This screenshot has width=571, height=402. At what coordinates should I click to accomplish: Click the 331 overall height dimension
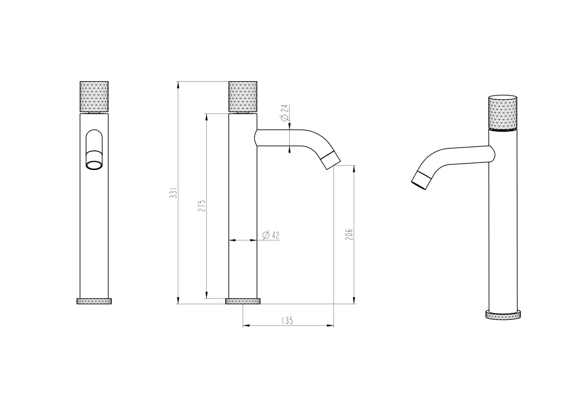tap(175, 193)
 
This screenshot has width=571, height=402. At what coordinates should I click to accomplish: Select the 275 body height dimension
tap(202, 206)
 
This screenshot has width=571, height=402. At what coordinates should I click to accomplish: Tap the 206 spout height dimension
tap(349, 235)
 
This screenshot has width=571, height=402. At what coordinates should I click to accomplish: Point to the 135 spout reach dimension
tap(287, 321)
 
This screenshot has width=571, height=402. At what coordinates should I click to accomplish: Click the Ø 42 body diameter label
tap(271, 235)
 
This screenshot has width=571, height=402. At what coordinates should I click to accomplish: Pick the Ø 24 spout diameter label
tap(285, 113)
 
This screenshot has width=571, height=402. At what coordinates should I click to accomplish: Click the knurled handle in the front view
tap(94, 97)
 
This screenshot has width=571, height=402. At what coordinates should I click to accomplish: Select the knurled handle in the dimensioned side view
tap(243, 97)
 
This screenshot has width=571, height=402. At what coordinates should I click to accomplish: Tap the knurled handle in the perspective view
tap(503, 113)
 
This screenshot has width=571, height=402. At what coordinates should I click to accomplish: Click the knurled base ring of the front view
tap(94, 301)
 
